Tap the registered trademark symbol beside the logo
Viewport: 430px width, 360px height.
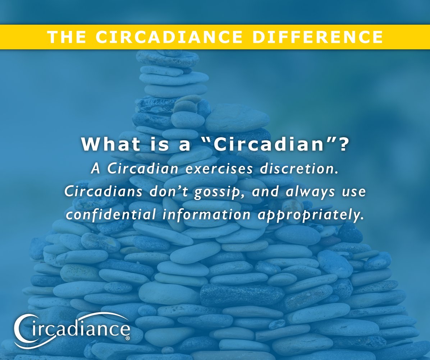(128, 338)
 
